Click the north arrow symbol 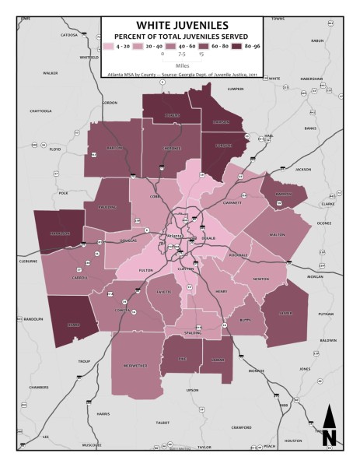(329, 426)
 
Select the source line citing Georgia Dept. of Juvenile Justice (180, 75)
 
